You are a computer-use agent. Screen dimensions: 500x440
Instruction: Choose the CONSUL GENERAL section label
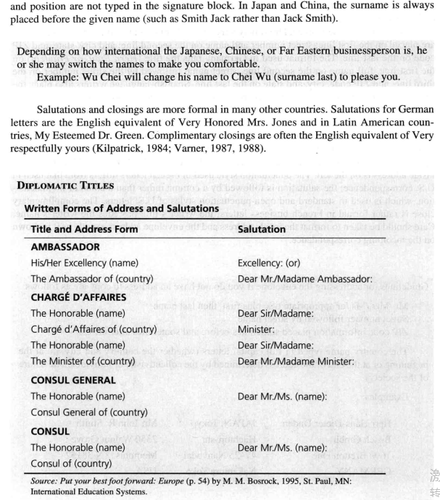point(73,380)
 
